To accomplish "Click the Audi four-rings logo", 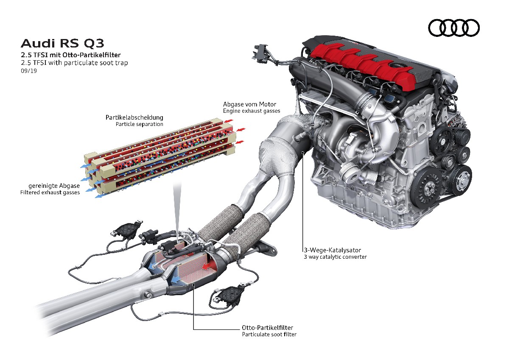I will [454, 28].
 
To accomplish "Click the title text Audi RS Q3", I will [62, 43].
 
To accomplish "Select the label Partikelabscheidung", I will [134, 117].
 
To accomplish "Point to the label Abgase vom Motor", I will [250, 104].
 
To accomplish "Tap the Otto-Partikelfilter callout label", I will [267, 327].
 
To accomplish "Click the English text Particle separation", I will [140, 124].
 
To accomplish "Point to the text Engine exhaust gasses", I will [252, 111].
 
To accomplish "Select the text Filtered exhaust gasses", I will [50, 193].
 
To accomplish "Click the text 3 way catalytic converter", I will [335, 257].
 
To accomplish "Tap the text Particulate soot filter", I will [269, 334].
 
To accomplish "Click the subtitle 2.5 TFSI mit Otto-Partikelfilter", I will [70, 55].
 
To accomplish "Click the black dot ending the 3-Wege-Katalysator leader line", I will [302, 151].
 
